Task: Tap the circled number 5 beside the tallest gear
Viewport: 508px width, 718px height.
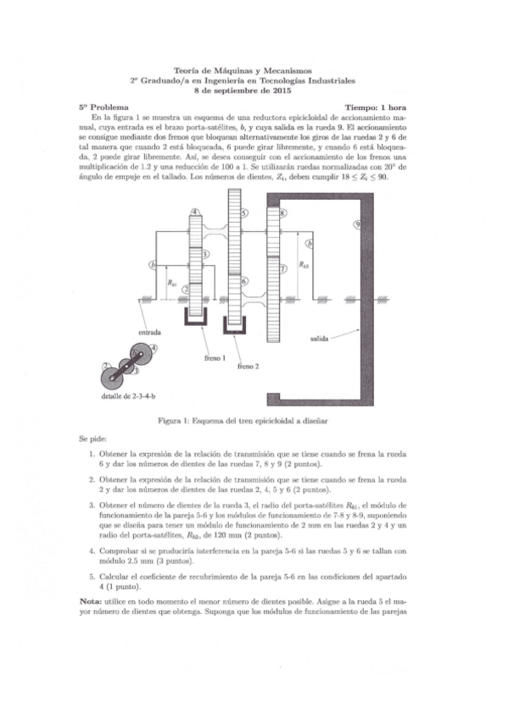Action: [x=244, y=213]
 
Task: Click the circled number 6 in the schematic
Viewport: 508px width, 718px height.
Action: [x=244, y=281]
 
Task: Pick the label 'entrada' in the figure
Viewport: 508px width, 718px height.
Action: [x=150, y=333]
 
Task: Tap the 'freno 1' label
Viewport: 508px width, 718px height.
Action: [x=215, y=358]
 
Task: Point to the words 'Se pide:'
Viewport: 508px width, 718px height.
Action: [x=94, y=440]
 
